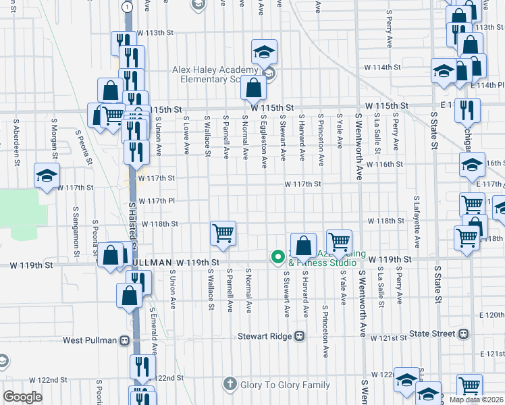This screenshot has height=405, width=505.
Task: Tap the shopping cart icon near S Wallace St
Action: (x=223, y=234)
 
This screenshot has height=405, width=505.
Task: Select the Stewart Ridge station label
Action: (x=265, y=335)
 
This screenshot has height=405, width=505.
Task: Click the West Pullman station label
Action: (x=91, y=341)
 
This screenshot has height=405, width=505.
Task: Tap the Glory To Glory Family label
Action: (x=284, y=385)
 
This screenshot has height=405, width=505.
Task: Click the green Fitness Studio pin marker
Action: (x=277, y=256)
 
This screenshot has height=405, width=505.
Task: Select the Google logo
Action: (x=22, y=397)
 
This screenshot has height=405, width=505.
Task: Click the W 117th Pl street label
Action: (x=156, y=200)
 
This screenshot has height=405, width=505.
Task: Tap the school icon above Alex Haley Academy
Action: (x=264, y=51)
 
